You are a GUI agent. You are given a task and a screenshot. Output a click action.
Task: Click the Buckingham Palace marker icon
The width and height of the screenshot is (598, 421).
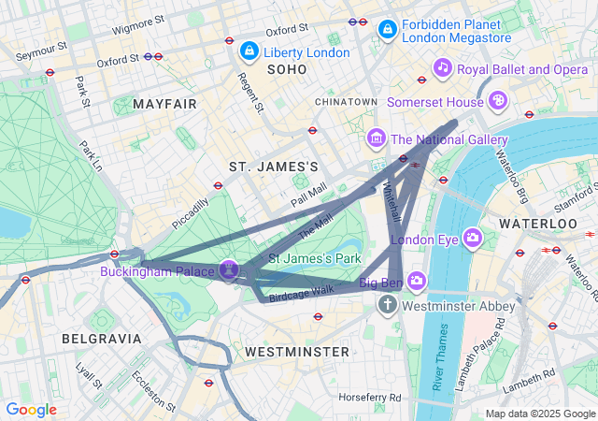pos(229,270)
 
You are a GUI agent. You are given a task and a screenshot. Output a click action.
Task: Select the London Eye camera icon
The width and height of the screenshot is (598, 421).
pos(473,238)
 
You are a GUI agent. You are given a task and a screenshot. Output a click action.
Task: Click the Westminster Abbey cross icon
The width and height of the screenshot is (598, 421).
pos(388,305)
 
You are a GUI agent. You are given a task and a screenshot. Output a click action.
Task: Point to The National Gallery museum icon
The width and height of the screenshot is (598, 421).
pos(377,139)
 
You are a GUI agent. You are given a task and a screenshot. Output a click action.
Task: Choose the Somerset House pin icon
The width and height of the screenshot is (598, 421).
pos(499,98)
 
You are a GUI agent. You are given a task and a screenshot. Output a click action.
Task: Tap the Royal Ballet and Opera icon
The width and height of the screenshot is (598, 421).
pos(443,67)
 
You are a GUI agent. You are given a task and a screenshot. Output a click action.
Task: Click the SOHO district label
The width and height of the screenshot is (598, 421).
pos(286,69)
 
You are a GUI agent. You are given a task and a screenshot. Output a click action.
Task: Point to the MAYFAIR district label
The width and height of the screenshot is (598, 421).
pos(165,103)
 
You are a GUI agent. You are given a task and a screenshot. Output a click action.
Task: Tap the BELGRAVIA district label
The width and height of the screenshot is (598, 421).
pos(102,338)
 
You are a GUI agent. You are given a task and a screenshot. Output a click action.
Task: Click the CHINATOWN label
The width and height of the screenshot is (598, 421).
pos(346,101)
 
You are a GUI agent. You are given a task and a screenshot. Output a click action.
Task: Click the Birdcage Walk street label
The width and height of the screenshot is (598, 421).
pos(301,294)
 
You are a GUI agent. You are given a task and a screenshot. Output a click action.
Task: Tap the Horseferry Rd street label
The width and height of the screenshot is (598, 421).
pos(370,398)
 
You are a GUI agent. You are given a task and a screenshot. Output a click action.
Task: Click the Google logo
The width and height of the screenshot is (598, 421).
pos(32,410)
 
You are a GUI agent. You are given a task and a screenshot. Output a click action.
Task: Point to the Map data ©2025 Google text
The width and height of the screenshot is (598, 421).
pos(539,414)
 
